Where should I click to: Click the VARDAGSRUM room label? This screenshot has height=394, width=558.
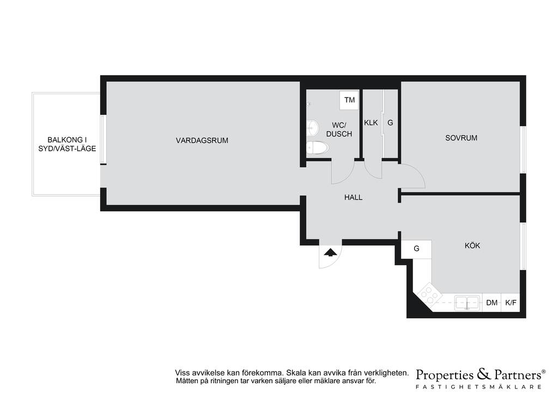(x=202, y=140)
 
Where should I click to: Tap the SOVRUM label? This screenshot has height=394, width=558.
(x=461, y=138)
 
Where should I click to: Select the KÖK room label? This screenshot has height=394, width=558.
(x=472, y=245)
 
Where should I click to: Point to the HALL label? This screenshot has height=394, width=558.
(x=353, y=197)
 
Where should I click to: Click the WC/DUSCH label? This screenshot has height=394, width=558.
(x=339, y=130)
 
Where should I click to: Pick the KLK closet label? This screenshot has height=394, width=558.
(x=371, y=122)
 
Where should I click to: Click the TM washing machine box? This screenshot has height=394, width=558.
(x=349, y=100)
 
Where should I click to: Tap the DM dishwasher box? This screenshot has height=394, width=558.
(x=492, y=303)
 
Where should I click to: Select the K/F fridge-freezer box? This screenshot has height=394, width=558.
(x=511, y=303)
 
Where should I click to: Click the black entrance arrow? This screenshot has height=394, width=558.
(x=331, y=253)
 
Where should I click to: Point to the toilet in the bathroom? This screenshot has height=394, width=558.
(x=318, y=147)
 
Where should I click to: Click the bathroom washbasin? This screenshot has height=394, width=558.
(x=312, y=127)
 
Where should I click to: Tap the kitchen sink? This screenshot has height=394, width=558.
(x=467, y=303)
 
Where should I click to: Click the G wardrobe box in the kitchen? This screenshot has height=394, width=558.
(x=416, y=249)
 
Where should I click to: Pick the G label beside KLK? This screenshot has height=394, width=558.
(x=390, y=122)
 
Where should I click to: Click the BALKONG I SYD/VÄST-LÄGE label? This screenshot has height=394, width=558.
(x=67, y=144)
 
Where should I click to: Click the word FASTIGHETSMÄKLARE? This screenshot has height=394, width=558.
(x=478, y=386)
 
